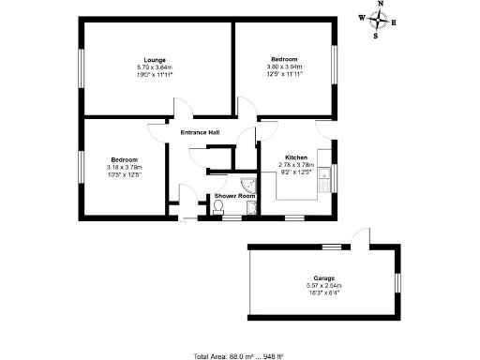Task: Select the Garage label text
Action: click(323, 277)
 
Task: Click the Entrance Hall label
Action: click(201, 132)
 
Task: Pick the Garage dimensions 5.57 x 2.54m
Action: click(323, 285)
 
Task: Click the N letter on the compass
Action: click(380, 5)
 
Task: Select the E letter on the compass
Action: click(394, 22)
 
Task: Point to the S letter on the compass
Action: click(376, 37)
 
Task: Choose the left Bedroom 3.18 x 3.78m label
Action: click(124, 159)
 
